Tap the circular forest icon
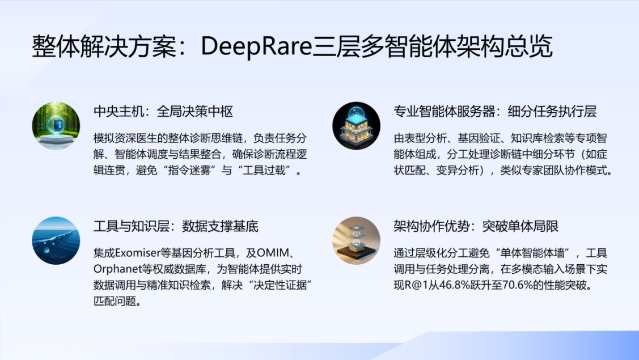pos(56,126)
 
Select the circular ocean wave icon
pos(56,240)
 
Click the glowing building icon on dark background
pos(356,126)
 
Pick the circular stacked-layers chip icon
pos(356,240)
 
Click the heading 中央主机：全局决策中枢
pos(163,112)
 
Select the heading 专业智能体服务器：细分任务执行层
pos(495,112)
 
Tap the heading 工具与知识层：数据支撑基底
pos(176,227)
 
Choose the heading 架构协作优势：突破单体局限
pos(476,227)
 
